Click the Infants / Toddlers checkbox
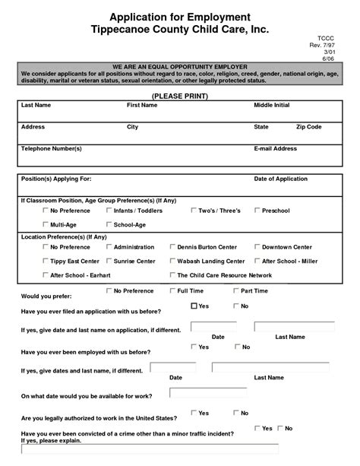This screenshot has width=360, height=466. point(109,210)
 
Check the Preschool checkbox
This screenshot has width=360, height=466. point(257,210)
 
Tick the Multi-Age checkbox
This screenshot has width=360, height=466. point(46,224)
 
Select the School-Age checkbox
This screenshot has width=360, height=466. point(109,224)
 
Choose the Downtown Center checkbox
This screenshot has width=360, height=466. point(257,247)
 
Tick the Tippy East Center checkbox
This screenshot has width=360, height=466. point(46,261)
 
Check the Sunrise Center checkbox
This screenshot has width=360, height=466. point(109,261)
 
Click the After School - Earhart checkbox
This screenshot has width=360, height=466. point(46,274)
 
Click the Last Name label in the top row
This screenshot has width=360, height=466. point(36,105)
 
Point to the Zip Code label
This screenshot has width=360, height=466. point(310,127)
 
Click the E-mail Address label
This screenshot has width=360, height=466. point(275,149)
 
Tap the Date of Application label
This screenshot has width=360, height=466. point(280,179)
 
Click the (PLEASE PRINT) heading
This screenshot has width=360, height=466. point(180,97)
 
